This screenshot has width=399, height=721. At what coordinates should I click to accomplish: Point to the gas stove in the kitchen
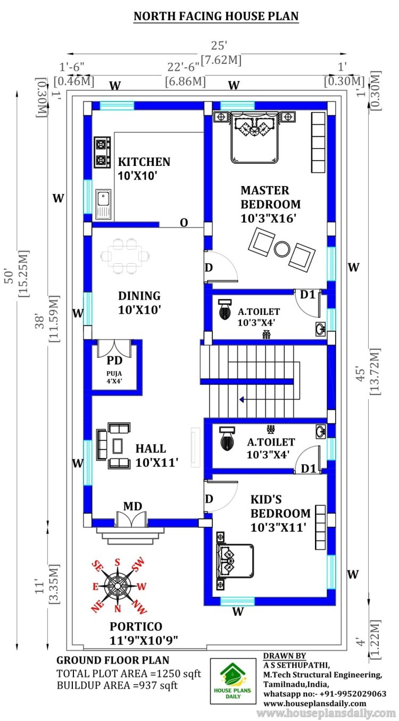click(102, 153)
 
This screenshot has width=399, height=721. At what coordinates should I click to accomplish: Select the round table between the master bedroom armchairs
click(281, 248)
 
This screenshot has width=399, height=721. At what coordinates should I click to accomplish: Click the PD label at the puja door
click(114, 360)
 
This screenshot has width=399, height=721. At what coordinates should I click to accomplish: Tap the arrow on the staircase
click(242, 398)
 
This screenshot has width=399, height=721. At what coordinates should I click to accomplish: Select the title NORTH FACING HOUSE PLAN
click(215, 16)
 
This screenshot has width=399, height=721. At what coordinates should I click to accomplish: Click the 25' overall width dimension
click(219, 46)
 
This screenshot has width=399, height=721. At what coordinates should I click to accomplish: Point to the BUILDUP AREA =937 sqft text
click(117, 685)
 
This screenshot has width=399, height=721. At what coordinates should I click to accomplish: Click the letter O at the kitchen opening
click(184, 223)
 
